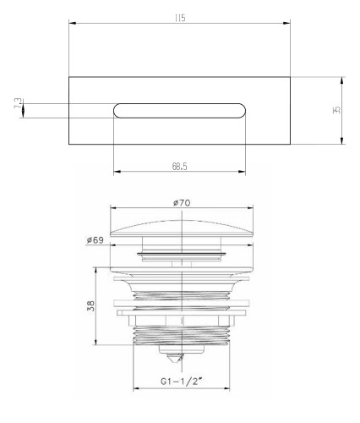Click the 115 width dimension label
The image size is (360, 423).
click(180, 19)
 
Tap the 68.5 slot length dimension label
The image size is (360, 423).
click(180, 167)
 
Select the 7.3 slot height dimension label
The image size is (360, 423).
click(18, 103)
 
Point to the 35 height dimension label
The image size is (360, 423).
click(336, 110)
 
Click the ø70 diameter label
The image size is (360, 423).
click(182, 203)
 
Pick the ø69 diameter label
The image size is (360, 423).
click(95, 240)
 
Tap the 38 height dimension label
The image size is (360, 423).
click(91, 306)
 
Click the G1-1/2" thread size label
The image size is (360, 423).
click(182, 382)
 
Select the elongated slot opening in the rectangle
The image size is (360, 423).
click(179, 111)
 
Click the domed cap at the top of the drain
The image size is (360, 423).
click(182, 228)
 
